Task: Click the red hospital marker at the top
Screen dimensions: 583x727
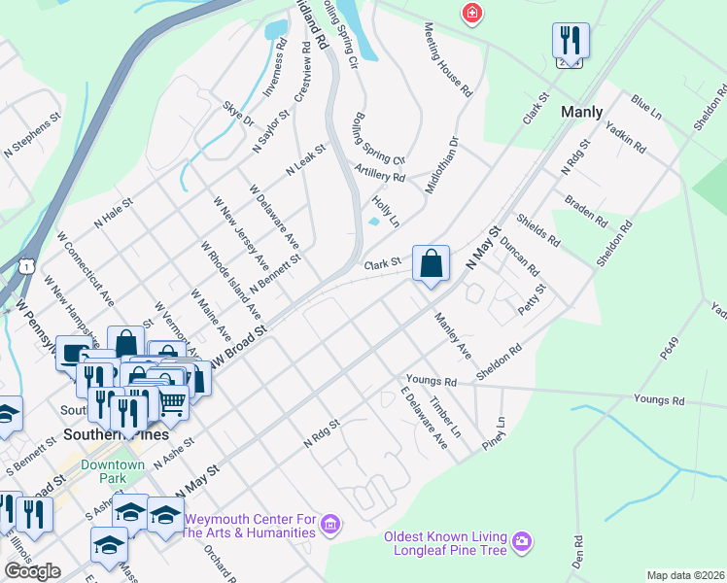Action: click(472, 14)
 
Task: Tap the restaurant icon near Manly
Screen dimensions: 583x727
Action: click(571, 42)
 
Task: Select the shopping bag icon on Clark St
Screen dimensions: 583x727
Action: click(431, 263)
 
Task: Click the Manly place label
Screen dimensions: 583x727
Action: click(582, 113)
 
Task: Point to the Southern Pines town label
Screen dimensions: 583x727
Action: click(101, 434)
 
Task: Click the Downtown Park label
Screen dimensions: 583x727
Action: click(113, 471)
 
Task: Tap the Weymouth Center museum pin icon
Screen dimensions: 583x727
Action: click(330, 526)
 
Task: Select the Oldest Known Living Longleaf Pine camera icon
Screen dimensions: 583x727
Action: click(522, 539)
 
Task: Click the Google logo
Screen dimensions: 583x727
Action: click(32, 571)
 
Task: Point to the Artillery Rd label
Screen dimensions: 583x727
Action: click(380, 175)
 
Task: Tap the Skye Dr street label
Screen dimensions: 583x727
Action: click(238, 115)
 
